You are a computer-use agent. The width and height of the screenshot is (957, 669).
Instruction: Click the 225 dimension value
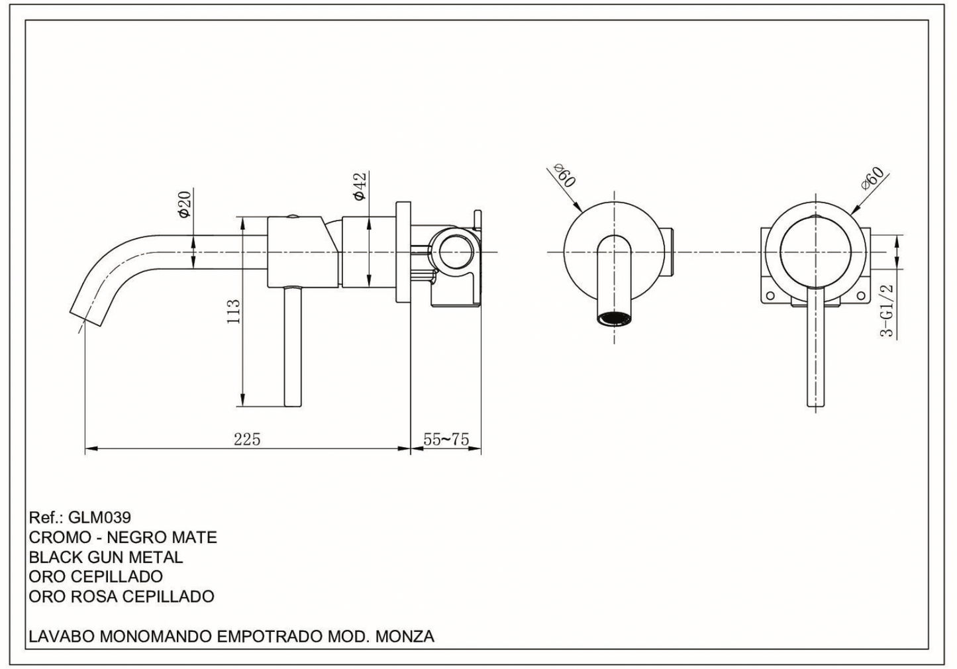(246, 438)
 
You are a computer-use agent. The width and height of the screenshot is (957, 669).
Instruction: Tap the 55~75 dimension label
(446, 439)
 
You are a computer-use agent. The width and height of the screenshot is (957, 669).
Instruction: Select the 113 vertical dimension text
(234, 311)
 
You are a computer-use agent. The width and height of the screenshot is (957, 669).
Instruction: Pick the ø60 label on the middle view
(564, 175)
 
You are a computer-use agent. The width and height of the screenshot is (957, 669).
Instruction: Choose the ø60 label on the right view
(872, 178)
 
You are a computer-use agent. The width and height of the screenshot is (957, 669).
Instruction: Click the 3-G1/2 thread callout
(887, 310)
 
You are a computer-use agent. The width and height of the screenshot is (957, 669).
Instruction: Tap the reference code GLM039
(99, 517)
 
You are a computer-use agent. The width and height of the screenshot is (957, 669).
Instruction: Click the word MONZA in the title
(405, 637)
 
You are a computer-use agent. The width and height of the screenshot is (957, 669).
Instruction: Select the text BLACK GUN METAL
(106, 557)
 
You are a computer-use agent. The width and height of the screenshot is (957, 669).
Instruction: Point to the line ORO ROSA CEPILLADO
(122, 597)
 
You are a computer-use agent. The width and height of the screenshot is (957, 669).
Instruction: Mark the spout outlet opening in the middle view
(614, 319)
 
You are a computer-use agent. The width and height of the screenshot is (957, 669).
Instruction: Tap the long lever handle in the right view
(816, 351)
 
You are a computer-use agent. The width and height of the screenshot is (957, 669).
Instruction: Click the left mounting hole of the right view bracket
(770, 296)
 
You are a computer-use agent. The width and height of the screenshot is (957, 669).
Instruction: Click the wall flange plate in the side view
(403, 252)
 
